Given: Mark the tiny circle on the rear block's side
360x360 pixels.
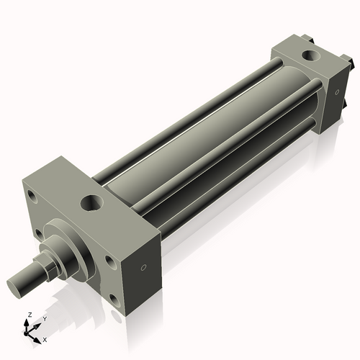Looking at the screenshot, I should [x=335, y=93].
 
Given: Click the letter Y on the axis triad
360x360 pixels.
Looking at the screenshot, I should [x=44, y=318].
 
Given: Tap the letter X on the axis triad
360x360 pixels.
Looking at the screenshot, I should [x=45, y=338].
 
